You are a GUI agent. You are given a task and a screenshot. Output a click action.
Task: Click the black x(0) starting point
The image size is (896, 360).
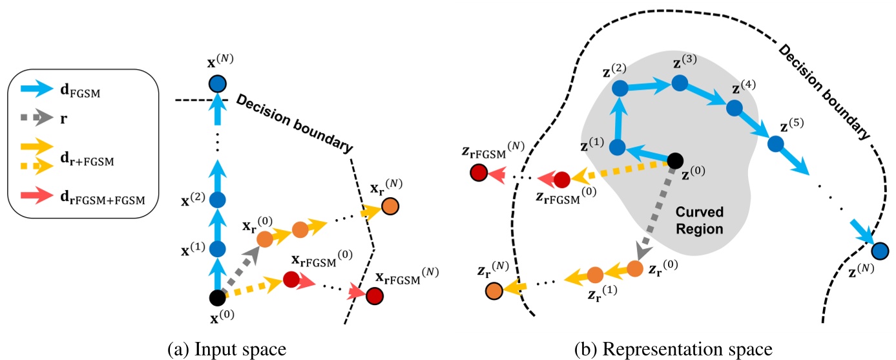pyautogui.click(x=218, y=298)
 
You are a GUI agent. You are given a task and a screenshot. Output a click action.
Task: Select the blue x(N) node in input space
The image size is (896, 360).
pyautogui.click(x=218, y=84)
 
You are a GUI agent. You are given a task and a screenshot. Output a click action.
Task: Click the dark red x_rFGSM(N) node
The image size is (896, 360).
pyautogui.click(x=373, y=296)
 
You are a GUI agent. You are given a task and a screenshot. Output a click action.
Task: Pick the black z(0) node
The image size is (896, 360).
pyautogui.click(x=675, y=160)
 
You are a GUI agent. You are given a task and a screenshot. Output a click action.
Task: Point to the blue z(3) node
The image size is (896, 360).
pyautogui.click(x=679, y=83)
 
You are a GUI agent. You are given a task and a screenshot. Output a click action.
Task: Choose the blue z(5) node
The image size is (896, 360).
pyautogui.click(x=776, y=143)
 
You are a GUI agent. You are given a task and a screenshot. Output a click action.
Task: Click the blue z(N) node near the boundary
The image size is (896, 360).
pyautogui.click(x=879, y=250)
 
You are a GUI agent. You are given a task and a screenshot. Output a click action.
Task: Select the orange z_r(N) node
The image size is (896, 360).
pyautogui.click(x=495, y=291)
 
